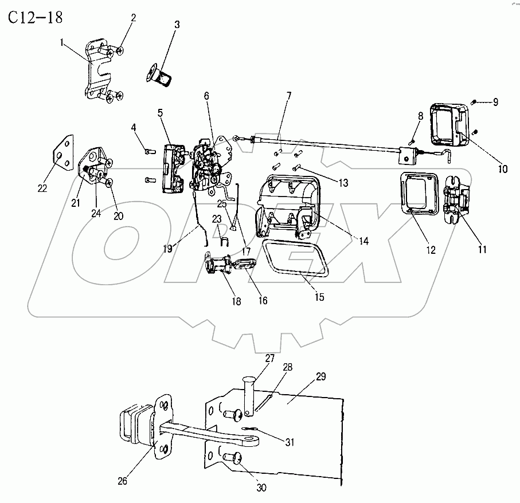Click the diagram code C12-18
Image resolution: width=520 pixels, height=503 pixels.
point(35,18)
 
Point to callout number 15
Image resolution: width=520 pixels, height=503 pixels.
point(319,297)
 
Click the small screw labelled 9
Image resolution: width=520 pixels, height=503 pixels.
point(475,102)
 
